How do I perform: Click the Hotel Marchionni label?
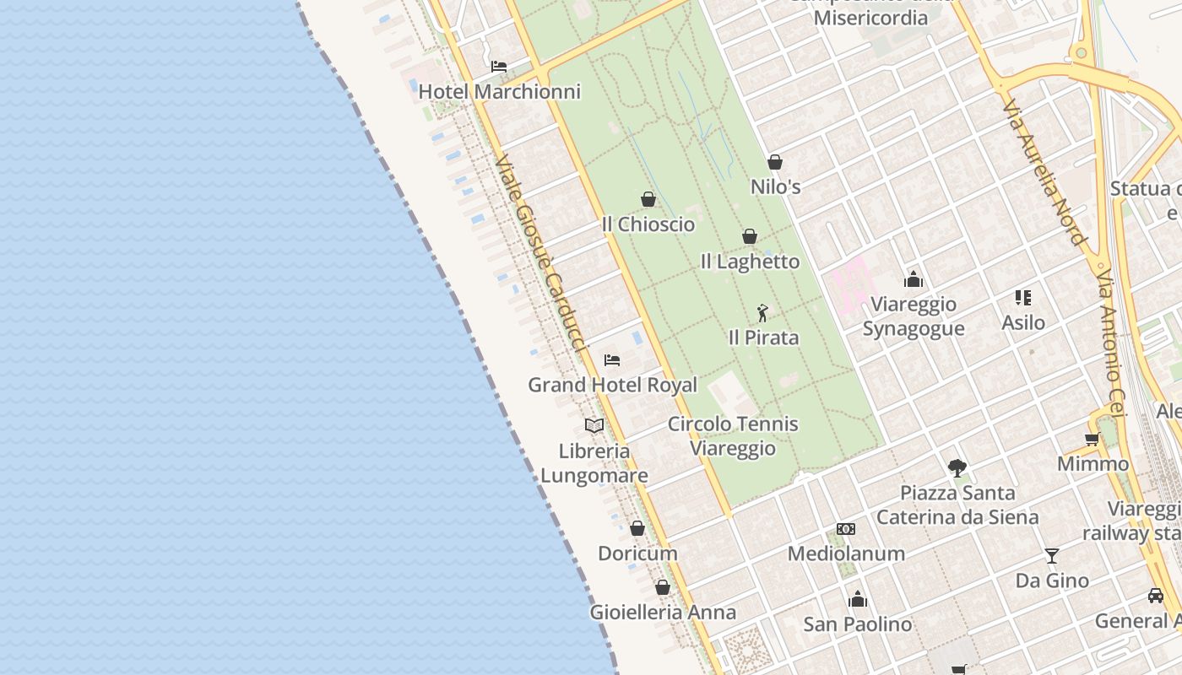[x=500, y=91]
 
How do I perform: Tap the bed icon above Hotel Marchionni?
[x=499, y=67]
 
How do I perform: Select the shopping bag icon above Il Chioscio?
[x=648, y=199]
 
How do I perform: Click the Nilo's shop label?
[x=775, y=186]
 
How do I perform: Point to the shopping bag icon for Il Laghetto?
[x=749, y=236]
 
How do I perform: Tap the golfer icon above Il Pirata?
[x=762, y=313]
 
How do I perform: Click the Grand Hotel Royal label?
[x=612, y=385]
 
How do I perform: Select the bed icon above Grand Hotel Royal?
[x=612, y=360]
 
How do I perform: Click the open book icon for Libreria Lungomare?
[x=594, y=425]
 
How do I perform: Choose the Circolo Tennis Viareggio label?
[x=733, y=435]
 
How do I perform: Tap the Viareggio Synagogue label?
[x=914, y=316]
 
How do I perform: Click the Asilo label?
[x=1023, y=322]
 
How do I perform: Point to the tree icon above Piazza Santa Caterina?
[x=957, y=467]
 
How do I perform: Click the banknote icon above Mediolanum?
[x=846, y=529]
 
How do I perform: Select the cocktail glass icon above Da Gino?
[x=1052, y=555]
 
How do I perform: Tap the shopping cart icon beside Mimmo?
[x=1092, y=439]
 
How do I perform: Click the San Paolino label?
[x=857, y=624]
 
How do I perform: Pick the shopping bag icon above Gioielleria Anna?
[x=663, y=587]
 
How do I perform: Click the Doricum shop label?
[x=637, y=553]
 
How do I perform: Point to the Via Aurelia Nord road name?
[x=1043, y=172]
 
